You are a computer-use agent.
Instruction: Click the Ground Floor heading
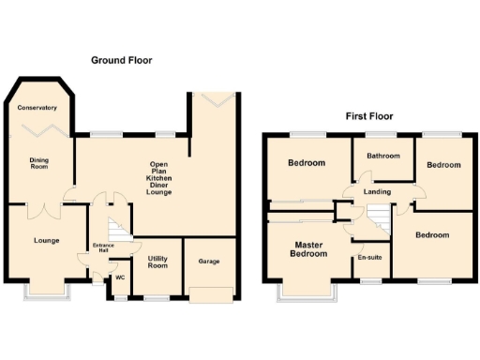pyautogui.click(x=122, y=60)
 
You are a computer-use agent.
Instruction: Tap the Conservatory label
pyautogui.click(x=38, y=107)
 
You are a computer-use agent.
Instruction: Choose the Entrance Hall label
pyautogui.click(x=103, y=248)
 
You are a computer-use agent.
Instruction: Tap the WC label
pyautogui.click(x=119, y=277)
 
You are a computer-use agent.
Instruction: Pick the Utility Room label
pyautogui.click(x=157, y=262)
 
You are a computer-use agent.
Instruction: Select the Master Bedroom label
pyautogui.click(x=308, y=249)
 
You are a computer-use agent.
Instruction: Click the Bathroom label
pyautogui.click(x=383, y=156)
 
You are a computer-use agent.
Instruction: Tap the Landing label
pyautogui.click(x=378, y=192)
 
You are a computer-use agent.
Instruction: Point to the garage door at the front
pyautogui.click(x=208, y=294)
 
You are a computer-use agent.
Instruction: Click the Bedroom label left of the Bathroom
pyautogui.click(x=307, y=163)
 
